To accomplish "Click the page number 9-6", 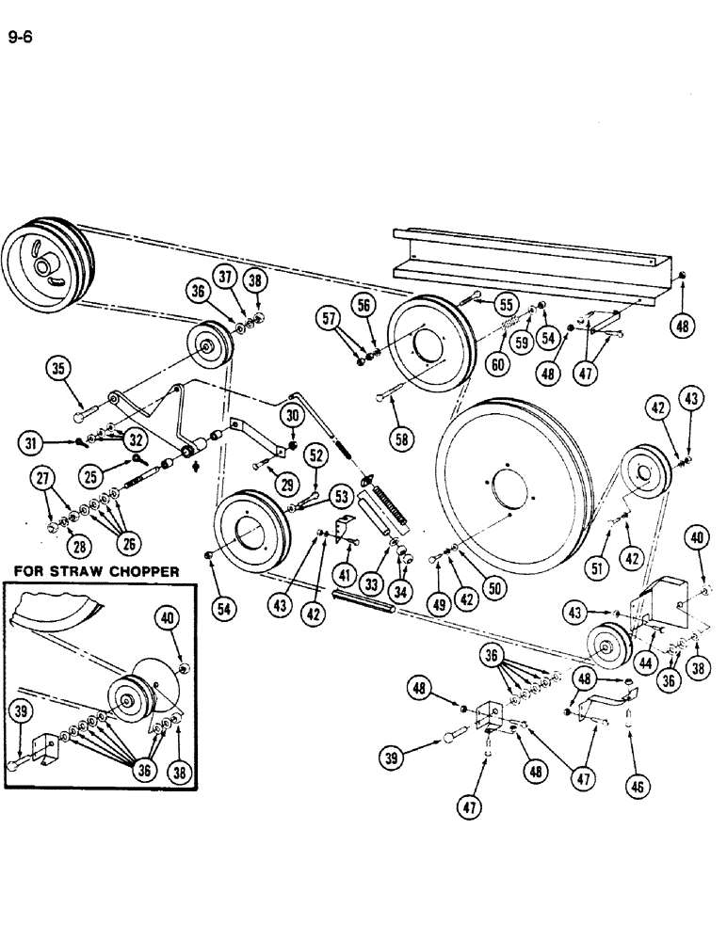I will [20, 40].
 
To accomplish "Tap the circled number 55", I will [507, 304].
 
